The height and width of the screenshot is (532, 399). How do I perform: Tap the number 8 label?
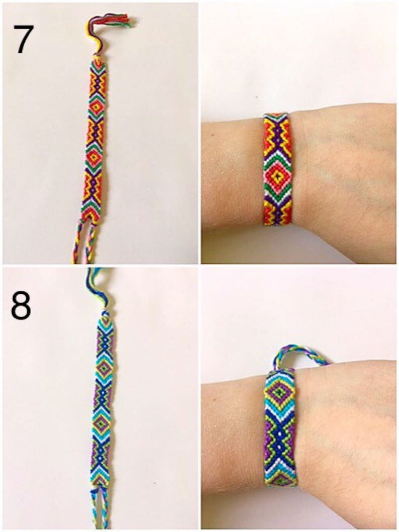click(21, 306)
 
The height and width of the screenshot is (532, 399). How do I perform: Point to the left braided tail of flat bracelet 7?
click(78, 243)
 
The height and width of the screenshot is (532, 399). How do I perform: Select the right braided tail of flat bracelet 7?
click(91, 244)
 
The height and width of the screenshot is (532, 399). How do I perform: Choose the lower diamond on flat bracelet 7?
click(94, 157)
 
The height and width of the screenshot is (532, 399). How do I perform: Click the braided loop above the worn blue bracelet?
click(296, 354)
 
